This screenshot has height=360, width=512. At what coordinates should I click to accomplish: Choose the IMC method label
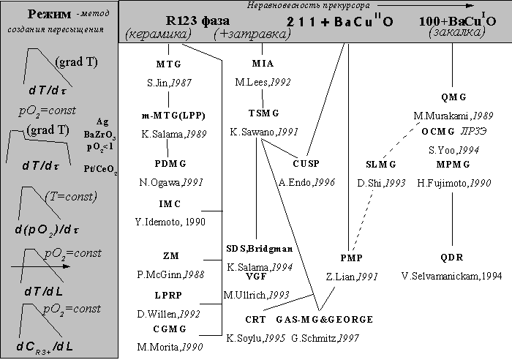tap(170, 203)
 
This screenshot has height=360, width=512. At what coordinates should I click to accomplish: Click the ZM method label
tap(170, 256)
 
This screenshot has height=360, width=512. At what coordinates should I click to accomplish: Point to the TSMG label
tap(263, 113)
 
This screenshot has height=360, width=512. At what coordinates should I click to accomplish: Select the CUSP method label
tap(306, 162)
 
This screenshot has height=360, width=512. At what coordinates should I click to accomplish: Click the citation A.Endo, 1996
tap(306, 181)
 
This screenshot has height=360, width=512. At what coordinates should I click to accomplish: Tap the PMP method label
tap(351, 257)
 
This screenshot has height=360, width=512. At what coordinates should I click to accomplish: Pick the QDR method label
tap(452, 257)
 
